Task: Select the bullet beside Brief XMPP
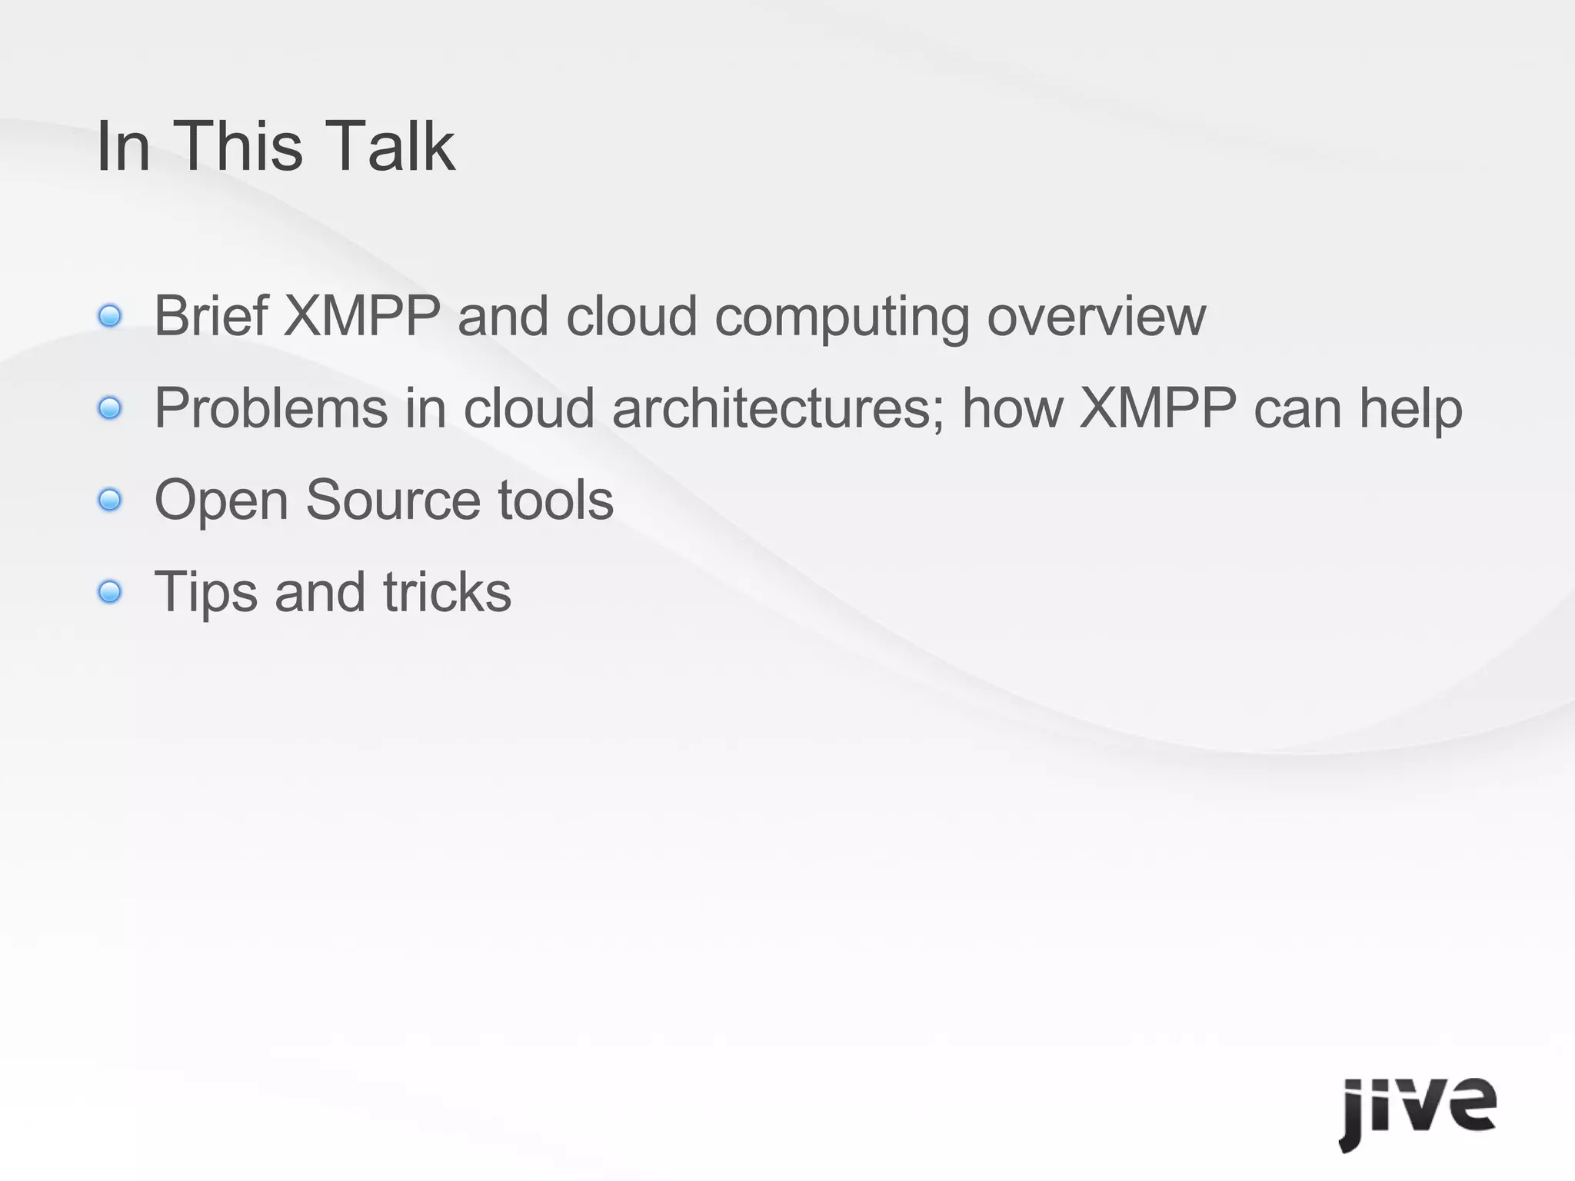[110, 316]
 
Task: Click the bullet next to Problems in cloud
[110, 408]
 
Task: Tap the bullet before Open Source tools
[110, 501]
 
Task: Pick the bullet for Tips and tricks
[110, 592]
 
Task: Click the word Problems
[271, 408]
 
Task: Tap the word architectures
[778, 408]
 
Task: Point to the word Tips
[205, 592]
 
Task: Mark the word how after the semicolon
[1012, 408]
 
